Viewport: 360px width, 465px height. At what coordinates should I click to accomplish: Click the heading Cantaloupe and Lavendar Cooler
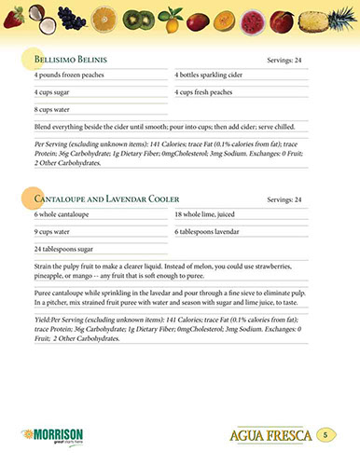[106, 199]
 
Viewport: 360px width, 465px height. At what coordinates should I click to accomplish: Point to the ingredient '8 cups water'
[53, 110]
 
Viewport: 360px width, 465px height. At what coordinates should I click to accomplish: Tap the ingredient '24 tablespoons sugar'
[65, 249]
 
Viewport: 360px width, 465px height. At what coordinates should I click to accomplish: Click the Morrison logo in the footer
[53, 434]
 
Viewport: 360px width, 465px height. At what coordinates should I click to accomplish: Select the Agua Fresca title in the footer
[270, 435]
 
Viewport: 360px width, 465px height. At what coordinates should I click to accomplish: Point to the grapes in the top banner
[69, 17]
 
